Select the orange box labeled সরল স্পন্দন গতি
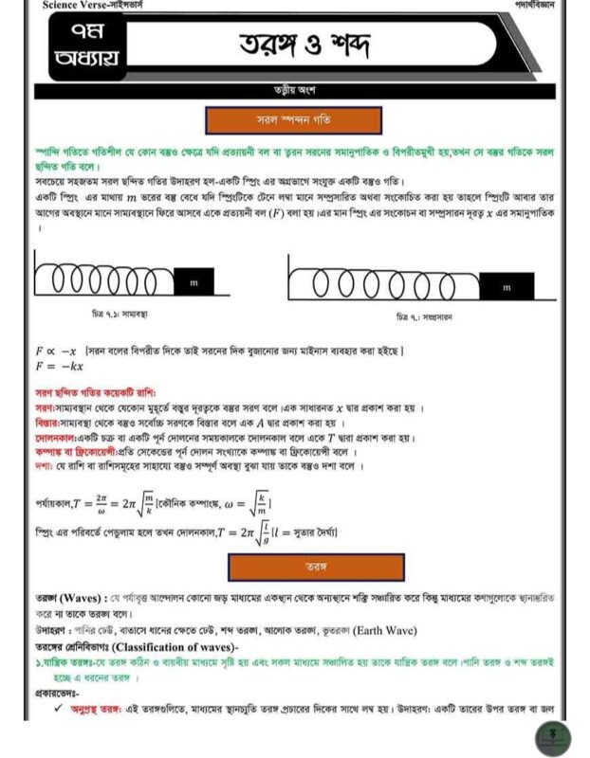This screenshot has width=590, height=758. [294, 120]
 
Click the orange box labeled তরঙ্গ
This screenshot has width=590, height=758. [316, 567]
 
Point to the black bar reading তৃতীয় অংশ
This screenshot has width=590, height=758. [294, 91]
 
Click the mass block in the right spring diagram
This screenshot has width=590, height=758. [506, 286]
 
